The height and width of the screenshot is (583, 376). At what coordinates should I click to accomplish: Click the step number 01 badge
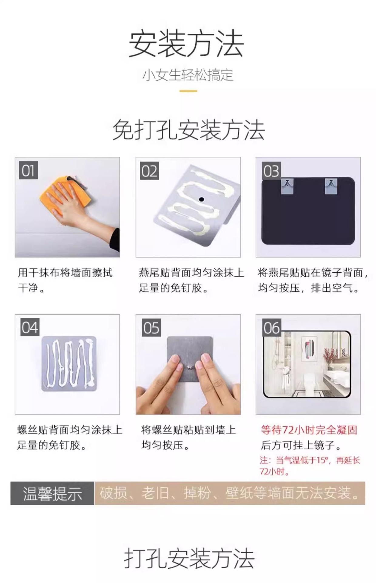(29, 170)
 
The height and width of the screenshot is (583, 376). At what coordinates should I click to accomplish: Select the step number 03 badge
(271, 171)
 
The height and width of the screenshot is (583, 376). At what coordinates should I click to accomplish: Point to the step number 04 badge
(30, 327)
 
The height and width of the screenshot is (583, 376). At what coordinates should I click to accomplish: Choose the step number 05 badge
(151, 327)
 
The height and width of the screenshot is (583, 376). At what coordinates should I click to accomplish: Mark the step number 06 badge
(272, 327)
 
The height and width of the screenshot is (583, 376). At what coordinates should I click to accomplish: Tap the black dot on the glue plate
(201, 199)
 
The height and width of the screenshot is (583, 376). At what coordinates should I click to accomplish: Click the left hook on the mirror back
(287, 186)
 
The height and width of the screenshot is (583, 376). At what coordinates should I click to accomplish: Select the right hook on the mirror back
(331, 186)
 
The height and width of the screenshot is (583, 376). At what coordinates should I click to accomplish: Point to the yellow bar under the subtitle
(188, 90)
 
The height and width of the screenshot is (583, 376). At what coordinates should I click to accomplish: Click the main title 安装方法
(186, 44)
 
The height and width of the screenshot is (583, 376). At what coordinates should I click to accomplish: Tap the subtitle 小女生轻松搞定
(188, 75)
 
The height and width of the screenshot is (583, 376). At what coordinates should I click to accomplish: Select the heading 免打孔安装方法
(189, 130)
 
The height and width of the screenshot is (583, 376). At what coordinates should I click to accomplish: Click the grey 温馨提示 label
(52, 493)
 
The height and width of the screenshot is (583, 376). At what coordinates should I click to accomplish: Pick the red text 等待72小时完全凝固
(309, 430)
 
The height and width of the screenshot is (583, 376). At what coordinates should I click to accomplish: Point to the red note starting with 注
(310, 466)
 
